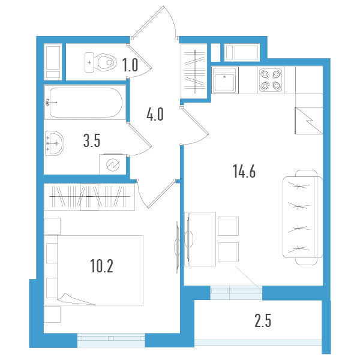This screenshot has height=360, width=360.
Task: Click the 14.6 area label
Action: coord(244,172)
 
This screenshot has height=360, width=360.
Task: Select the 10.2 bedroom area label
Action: coord(101,265)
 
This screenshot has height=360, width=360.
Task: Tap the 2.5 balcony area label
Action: coord(263,322)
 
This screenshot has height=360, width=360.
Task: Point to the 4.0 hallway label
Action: coord(155,113)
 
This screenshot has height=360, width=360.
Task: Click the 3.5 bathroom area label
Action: coord(91,142)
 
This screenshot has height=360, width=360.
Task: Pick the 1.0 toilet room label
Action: coord(130,65)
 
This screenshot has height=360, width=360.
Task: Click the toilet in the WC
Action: coord(102,62)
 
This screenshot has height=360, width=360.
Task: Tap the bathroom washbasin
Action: coord(55,143)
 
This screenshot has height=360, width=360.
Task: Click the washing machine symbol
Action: coord(112,164)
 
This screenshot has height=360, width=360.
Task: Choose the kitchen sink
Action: coord(224,80)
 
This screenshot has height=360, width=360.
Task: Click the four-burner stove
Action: coord(270,80)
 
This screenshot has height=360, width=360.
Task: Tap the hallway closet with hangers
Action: coord(195,70)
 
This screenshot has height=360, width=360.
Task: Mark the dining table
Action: coord(200,239)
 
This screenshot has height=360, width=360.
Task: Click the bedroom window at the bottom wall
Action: coord(112,340)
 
